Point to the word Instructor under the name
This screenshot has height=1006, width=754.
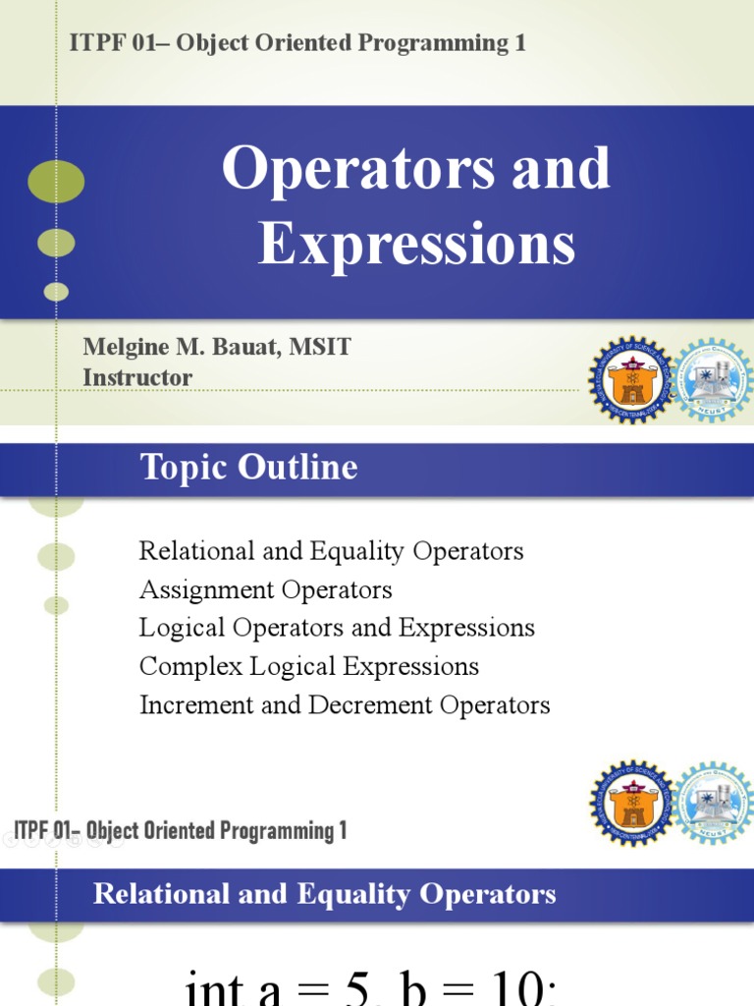pos(137,377)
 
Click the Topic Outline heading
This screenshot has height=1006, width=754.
pos(248,468)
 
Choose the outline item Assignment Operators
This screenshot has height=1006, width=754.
pos(265,589)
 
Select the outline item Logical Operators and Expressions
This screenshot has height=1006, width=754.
pos(337,628)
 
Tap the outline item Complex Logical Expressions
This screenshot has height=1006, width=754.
pos(308,666)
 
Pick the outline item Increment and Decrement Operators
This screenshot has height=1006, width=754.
pos(345,704)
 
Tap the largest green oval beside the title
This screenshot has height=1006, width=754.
pos(56,182)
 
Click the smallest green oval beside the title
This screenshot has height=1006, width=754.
pos(57,292)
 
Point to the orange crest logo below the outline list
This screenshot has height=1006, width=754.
pos(632,803)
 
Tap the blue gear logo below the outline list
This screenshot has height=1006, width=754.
pos(714,803)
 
